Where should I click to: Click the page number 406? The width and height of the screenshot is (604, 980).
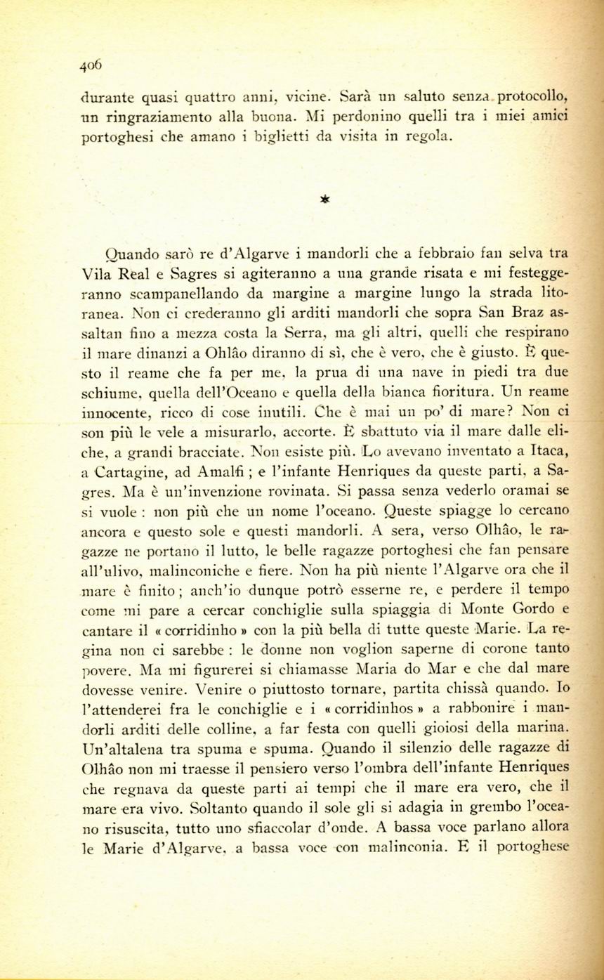pyautogui.click(x=91, y=65)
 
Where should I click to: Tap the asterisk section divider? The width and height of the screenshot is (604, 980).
pyautogui.click(x=324, y=199)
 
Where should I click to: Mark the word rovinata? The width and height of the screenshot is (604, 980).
pyautogui.click(x=282, y=490)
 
